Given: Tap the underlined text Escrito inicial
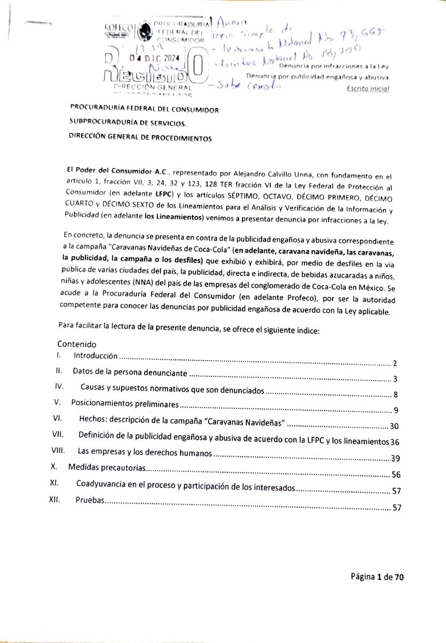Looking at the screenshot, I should (368, 88).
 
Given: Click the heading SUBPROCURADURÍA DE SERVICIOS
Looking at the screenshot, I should (129, 124).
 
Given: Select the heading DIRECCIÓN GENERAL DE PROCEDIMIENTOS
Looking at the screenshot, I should (140, 138).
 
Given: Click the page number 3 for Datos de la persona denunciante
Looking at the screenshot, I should (394, 379).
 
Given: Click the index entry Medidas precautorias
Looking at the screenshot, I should (107, 467).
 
